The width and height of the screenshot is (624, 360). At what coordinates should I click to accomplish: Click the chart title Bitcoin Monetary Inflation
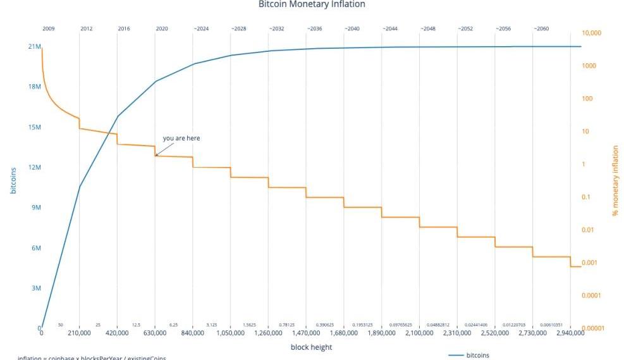(x=312, y=4)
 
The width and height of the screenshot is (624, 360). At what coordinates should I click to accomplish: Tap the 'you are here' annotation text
(x=181, y=138)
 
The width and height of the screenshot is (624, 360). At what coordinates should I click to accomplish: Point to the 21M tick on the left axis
(x=34, y=47)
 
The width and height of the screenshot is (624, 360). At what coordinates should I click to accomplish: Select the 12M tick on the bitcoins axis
(x=34, y=168)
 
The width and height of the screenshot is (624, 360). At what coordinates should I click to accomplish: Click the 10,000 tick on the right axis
(x=592, y=33)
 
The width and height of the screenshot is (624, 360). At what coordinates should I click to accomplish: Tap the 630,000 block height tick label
(x=154, y=333)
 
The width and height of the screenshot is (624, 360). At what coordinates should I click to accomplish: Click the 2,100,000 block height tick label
(x=419, y=333)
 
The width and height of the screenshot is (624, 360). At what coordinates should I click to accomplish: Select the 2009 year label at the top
(x=48, y=28)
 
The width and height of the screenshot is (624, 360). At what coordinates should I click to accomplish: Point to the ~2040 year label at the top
(x=352, y=28)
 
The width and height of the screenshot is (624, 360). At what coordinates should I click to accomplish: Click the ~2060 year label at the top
(x=541, y=28)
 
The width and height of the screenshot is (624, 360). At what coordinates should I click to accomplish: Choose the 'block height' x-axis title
(x=311, y=347)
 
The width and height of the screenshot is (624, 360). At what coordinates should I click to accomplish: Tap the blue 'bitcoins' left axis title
(x=13, y=180)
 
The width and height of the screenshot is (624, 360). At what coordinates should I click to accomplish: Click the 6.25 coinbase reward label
(x=173, y=325)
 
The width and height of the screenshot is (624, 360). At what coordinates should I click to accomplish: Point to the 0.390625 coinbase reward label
(x=324, y=325)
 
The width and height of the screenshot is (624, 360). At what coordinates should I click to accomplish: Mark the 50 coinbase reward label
(x=60, y=325)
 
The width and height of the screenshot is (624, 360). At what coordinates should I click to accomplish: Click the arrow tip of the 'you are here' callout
(x=156, y=155)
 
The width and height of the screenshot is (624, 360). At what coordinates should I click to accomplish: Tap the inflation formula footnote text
(x=92, y=357)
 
